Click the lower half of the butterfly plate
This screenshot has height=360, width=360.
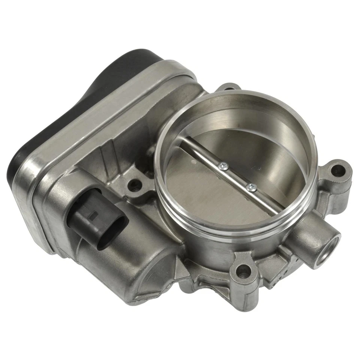[210, 195]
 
